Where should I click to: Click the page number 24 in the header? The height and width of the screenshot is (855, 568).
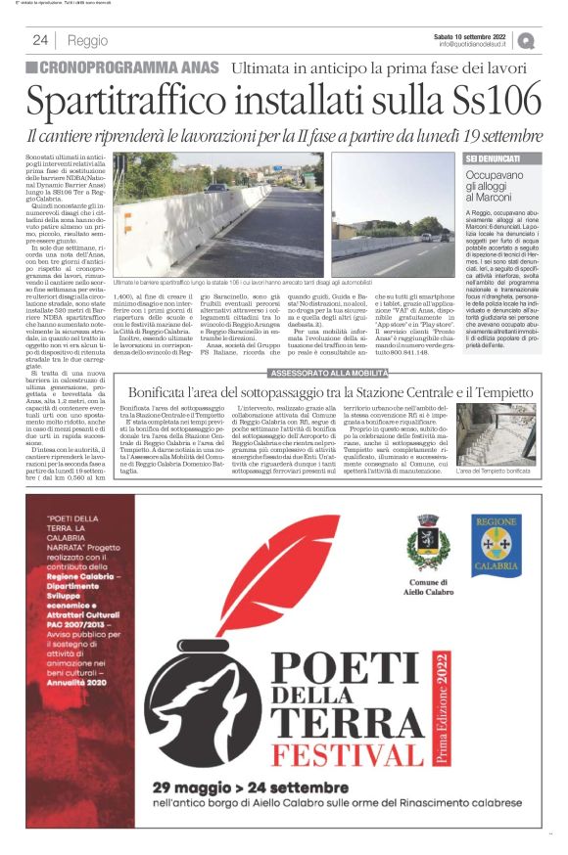40,40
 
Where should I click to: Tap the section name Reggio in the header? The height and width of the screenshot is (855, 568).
88,40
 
